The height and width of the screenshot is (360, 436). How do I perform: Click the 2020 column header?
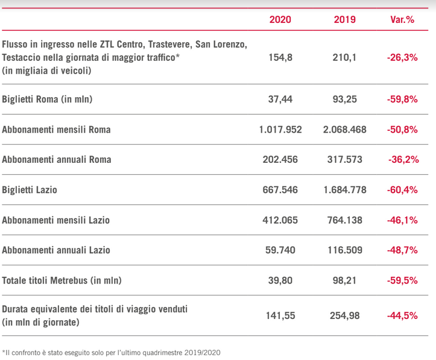(280, 19)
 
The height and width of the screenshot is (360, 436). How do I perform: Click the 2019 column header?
(344, 19)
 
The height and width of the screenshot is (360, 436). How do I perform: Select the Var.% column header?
(402, 19)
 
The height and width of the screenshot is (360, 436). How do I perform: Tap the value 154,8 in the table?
(280, 57)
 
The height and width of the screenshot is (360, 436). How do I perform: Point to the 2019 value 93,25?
(344, 99)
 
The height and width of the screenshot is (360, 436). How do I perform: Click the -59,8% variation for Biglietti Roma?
(402, 99)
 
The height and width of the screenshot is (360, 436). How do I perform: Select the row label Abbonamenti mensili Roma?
(57, 130)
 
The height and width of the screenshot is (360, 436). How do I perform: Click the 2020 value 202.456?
(280, 160)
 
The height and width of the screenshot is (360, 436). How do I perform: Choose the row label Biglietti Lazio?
(30, 190)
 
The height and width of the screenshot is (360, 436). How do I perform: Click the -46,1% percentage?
(402, 220)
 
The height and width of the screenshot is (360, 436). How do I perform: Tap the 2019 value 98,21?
(344, 280)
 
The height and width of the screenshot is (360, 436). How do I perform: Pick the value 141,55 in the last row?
(280, 315)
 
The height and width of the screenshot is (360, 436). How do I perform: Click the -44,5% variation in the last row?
(402, 315)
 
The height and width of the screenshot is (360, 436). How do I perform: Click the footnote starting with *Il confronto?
(112, 352)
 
